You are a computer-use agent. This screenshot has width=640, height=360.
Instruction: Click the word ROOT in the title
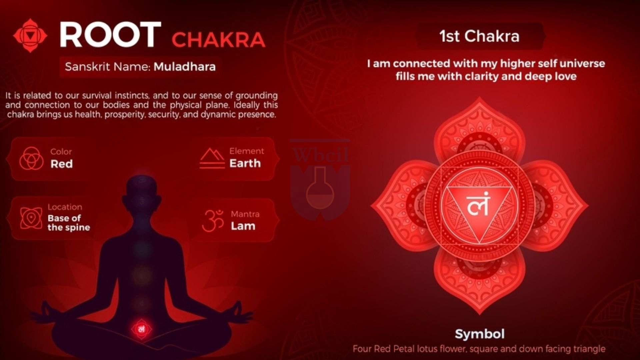click(110, 35)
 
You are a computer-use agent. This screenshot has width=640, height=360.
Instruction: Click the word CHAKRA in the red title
click(219, 40)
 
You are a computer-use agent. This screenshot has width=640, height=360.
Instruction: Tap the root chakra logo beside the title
click(30, 35)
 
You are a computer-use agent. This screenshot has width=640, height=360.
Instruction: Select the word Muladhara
click(185, 67)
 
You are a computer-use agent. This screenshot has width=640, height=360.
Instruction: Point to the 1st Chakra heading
click(479, 36)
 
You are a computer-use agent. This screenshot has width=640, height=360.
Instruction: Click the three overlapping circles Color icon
click(31, 158)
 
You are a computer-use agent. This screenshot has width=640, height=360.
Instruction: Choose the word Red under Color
click(62, 164)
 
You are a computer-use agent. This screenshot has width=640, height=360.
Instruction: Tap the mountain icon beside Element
click(212, 158)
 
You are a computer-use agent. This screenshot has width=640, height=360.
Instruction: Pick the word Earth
click(245, 163)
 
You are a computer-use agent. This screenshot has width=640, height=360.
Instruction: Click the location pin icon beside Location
click(31, 218)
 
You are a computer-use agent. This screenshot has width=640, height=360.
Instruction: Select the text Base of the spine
click(69, 223)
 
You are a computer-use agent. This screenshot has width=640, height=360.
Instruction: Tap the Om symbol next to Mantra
click(213, 220)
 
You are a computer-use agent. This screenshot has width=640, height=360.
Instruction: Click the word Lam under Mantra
click(243, 226)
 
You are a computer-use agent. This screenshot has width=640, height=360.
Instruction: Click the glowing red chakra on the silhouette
click(141, 329)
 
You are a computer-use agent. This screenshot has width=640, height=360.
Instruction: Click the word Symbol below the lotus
click(480, 334)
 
